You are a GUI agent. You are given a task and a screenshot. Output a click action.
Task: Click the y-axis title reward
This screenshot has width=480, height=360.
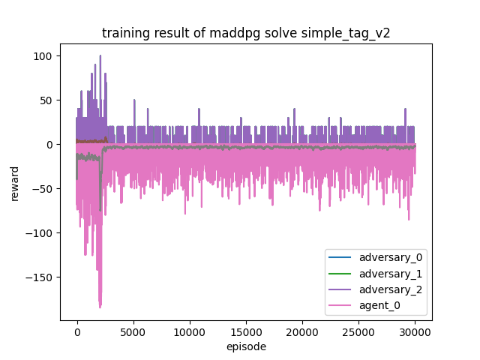coord(15,182)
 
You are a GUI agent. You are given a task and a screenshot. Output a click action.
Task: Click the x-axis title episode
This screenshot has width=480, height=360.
coord(246,346)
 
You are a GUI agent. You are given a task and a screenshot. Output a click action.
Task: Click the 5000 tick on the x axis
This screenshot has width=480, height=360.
coord(133,331)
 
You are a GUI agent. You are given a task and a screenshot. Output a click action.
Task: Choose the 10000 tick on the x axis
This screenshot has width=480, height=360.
coord(190,331)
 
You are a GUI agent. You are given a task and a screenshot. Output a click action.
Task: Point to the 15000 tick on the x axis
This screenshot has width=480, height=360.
coord(246,331)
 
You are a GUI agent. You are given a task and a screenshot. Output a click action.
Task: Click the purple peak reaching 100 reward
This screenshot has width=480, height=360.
coord(100,56)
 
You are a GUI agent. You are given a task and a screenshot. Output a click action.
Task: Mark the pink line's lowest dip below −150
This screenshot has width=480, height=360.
coord(100,307)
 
